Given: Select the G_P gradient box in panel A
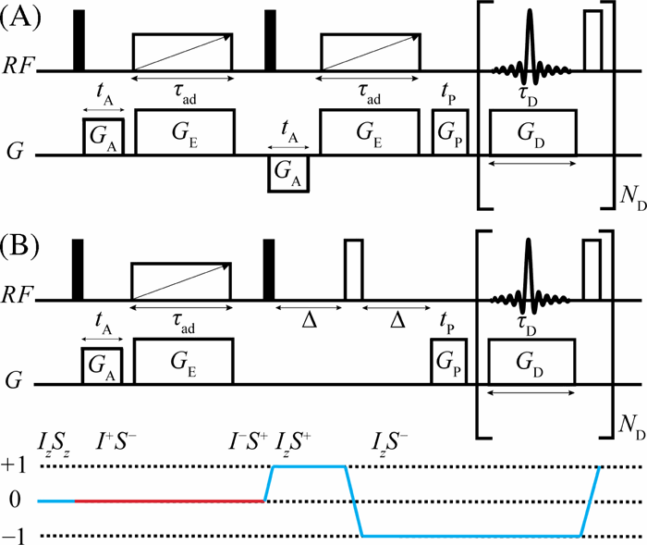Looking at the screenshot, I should (x=451, y=131).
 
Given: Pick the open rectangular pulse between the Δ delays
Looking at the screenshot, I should (x=353, y=270).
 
